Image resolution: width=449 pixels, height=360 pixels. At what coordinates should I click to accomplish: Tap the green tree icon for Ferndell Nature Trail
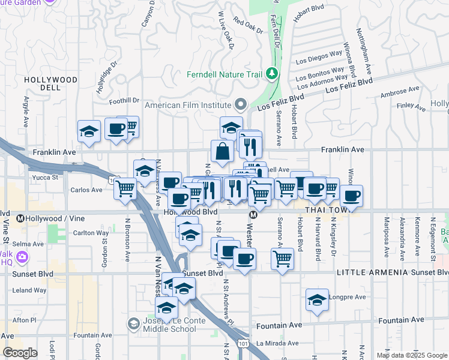273,73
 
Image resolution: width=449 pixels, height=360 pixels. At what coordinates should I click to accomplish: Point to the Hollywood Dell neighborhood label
51,83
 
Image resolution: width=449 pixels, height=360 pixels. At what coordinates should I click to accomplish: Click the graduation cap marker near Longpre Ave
317,300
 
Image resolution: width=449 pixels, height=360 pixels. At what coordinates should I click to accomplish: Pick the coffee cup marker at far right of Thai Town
352,195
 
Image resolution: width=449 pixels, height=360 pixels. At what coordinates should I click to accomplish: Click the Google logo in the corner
20,353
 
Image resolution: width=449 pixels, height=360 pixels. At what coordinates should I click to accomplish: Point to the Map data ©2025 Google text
412,355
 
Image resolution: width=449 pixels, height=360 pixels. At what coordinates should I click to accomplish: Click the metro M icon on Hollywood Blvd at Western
253,214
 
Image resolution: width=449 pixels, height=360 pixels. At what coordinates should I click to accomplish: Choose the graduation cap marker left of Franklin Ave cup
89,131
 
